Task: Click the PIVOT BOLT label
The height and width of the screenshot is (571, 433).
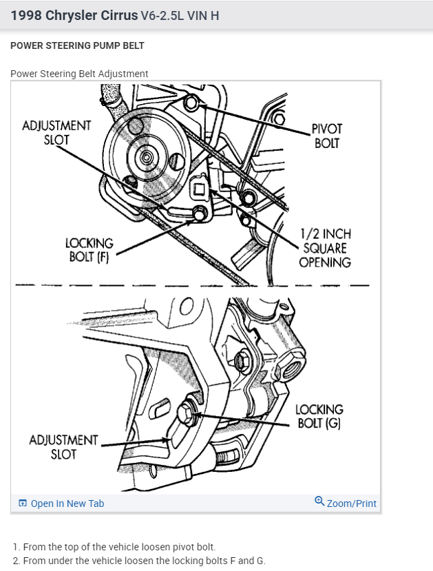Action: (326, 136)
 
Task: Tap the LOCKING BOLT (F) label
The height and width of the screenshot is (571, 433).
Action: (89, 250)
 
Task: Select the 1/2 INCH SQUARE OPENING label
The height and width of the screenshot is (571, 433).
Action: (324, 249)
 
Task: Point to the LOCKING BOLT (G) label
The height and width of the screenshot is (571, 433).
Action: (319, 416)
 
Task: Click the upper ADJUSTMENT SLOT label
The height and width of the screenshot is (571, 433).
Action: (56, 132)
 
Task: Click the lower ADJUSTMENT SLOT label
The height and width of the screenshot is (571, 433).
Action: (63, 446)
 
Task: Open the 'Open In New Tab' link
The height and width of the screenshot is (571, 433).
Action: (67, 503)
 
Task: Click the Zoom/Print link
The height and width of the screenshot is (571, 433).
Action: (351, 503)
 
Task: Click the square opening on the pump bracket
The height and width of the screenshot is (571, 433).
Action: (198, 188)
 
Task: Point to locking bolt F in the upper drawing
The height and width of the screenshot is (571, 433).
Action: (199, 214)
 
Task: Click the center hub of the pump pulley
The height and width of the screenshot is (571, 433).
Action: (146, 158)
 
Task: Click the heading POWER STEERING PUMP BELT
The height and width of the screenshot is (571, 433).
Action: (77, 45)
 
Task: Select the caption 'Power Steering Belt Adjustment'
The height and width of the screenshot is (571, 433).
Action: (79, 74)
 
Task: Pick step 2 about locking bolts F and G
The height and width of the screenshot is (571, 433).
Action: (138, 561)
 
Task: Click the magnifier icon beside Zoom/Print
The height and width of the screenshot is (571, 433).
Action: (319, 501)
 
